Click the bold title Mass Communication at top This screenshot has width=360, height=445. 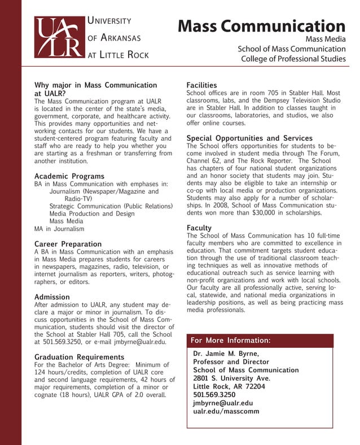click(261, 26)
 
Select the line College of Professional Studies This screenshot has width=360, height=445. click(293, 59)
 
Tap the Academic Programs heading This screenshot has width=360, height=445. click(69, 176)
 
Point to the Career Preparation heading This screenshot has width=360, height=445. click(68, 244)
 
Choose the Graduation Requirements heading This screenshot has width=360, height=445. click(79, 357)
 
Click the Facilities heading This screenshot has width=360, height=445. click(201, 85)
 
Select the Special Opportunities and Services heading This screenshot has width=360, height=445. click(249, 138)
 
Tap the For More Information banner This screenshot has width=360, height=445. click(260, 341)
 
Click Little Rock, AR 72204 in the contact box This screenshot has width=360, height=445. click(229, 387)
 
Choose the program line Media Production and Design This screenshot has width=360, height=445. click(92, 214)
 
